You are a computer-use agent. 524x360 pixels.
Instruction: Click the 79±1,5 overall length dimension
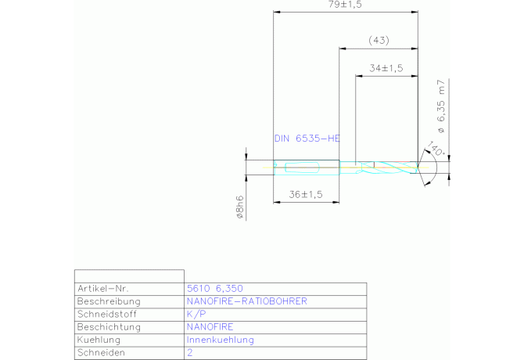point(345,5)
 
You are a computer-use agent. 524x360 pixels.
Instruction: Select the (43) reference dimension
point(379,41)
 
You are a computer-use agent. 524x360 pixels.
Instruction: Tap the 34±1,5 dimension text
point(386,68)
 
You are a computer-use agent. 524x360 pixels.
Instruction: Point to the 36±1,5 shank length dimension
point(306,195)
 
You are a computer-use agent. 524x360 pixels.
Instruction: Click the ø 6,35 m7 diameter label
point(441,106)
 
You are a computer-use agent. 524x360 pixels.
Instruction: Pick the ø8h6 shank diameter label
point(239,207)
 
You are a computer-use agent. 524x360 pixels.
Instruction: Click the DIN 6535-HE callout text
point(307,139)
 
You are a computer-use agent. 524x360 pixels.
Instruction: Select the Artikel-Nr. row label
point(103,289)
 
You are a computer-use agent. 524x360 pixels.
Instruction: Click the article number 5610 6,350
point(215,289)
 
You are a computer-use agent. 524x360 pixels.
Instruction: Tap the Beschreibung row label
point(109,301)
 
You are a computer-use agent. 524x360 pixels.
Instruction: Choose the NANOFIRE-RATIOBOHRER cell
point(246,301)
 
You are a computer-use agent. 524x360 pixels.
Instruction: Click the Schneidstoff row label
point(107,314)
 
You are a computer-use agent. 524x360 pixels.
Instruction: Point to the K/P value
point(196,314)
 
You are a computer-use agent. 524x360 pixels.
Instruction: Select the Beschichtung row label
point(109,327)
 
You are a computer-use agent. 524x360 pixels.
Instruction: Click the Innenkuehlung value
point(221,340)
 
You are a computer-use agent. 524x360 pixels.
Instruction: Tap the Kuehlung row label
point(99,340)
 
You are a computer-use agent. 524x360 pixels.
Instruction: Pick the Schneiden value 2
point(190,352)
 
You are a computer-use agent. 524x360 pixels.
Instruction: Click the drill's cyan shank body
point(307,167)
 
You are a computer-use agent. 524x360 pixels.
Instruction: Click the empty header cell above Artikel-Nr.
point(129,276)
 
